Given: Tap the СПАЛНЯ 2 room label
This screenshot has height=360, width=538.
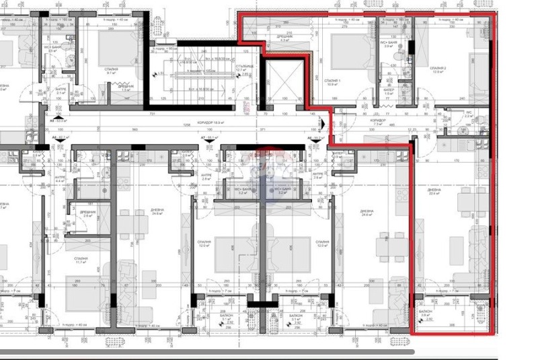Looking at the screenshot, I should click(x=438, y=70).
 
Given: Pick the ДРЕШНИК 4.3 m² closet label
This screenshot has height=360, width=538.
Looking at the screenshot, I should click(x=284, y=38).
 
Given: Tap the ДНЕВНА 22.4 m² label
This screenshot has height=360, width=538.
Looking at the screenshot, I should click(x=434, y=193).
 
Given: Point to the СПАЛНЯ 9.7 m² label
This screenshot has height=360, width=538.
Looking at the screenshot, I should click(x=112, y=70).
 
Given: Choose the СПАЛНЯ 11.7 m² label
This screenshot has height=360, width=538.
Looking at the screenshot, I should click(x=81, y=260).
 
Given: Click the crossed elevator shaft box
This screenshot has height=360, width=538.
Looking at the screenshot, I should click(x=284, y=83).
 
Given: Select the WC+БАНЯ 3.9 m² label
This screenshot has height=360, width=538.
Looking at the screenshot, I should click(x=389, y=46).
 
